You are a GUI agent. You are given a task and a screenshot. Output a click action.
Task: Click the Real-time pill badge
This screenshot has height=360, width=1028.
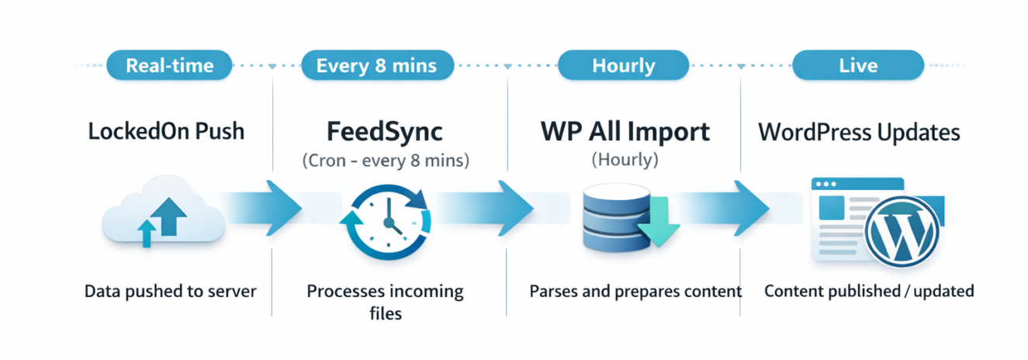tap(168, 65)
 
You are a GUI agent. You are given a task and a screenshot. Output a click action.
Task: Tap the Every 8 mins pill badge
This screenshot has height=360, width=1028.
tap(376, 65)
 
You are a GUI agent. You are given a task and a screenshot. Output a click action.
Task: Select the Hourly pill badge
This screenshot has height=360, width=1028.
tap(623, 65)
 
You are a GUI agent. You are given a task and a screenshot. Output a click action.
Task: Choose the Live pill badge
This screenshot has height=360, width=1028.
tap(857, 65)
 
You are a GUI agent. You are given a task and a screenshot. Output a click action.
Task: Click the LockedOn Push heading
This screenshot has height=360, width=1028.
tap(166, 132)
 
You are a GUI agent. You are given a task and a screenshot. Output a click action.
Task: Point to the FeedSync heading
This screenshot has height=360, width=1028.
tap(384, 131)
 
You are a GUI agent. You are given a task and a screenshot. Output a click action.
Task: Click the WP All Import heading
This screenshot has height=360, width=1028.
tap(625, 132)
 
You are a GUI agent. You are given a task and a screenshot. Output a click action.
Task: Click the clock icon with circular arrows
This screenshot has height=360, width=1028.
tap(384, 219)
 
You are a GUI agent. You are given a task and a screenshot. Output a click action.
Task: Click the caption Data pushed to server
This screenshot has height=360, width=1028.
tap(170, 292)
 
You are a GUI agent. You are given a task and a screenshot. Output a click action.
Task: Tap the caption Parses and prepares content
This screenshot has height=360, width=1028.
tap(635, 292)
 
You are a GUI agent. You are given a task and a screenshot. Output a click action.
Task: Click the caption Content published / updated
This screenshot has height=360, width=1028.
tap(869, 292)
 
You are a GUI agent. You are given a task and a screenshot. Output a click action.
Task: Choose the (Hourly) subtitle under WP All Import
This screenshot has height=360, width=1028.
tap(625, 161)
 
